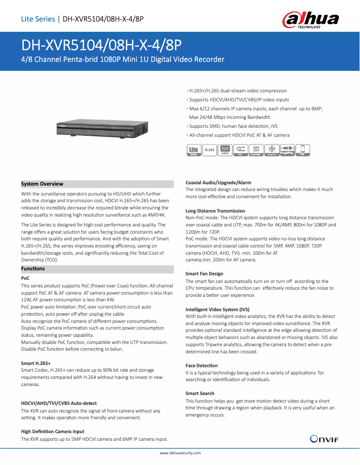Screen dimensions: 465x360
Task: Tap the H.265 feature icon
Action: pyautogui.click(x=209, y=150)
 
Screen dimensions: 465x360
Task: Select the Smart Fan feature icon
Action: pyautogui.click(x=272, y=150)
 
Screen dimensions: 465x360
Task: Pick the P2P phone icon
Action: pyautogui.click(x=303, y=150)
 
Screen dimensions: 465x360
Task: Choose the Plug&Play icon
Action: pyautogui.click(x=287, y=150)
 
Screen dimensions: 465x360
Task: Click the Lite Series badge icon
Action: pyautogui.click(x=193, y=150)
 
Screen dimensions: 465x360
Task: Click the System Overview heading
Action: pyautogui.click(x=42, y=184)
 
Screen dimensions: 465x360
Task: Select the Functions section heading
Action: pyautogui.click(x=33, y=269)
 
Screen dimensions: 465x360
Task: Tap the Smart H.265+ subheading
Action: pyautogui.click(x=36, y=363)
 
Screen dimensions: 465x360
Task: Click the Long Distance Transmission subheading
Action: pyautogui.click(x=215, y=211)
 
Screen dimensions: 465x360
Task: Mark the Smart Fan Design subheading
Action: pyautogui.click(x=204, y=274)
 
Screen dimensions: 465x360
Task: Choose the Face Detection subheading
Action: pyautogui.click(x=202, y=365)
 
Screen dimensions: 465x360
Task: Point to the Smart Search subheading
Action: pyautogui.click(x=200, y=393)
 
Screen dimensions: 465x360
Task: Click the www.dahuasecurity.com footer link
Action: pyautogui.click(x=180, y=453)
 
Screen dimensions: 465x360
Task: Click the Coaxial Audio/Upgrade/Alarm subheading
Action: pyautogui.click(x=218, y=183)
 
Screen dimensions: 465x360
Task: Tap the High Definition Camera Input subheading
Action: pyautogui.click(x=53, y=431)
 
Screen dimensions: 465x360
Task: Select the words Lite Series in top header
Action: pyautogui.click(x=38, y=19)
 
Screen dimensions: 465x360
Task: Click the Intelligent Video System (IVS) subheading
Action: pyautogui.click(x=217, y=309)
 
